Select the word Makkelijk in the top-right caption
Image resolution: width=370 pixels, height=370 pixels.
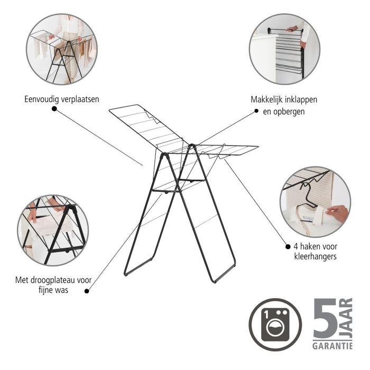(270, 99)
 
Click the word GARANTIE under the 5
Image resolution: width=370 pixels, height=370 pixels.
(333, 346)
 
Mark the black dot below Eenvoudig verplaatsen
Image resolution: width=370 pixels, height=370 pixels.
(54, 108)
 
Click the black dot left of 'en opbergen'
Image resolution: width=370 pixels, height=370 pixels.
(256, 111)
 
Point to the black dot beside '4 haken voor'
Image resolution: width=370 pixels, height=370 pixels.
(288, 246)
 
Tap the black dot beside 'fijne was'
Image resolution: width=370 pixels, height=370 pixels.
(87, 290)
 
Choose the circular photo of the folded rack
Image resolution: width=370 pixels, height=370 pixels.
(284, 49)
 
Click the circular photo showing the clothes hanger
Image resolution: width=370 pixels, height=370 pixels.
(315, 202)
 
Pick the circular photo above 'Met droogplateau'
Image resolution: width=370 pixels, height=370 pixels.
(52, 230)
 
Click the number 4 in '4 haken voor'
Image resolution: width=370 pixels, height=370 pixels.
(295, 246)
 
